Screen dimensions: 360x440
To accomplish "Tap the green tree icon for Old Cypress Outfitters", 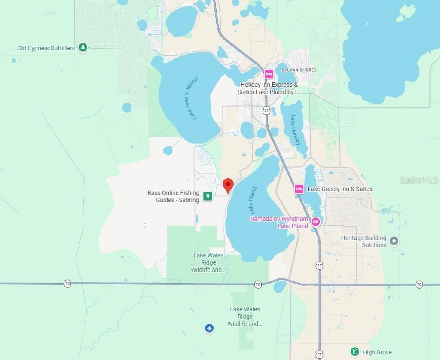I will [83, 48].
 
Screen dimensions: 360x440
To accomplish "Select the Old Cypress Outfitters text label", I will [46, 48].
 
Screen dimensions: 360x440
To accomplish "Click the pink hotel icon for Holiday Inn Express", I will [269, 74].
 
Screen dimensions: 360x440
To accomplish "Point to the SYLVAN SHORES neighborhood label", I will [299, 70].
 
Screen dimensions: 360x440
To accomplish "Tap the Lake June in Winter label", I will [191, 98].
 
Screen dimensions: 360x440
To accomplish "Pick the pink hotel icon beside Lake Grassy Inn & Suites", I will [299, 189].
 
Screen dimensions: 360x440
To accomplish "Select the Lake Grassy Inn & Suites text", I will [339, 189].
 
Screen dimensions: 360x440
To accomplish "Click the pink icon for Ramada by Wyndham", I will [316, 222].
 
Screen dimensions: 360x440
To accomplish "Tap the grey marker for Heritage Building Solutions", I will [394, 241].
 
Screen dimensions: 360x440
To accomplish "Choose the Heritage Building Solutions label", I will [364, 241].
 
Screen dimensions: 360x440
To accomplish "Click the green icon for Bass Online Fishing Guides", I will [208, 196].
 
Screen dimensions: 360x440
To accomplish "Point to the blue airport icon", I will [209, 329].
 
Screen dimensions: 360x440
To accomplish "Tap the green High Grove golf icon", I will [354, 352].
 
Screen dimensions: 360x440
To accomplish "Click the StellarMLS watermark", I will [419, 180].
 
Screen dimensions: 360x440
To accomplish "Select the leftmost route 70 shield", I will [67, 284].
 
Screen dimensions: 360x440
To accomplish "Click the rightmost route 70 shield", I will [419, 284].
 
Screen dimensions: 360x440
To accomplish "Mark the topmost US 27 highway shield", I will [266, 111].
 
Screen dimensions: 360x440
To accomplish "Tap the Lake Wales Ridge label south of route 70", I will [245, 317].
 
